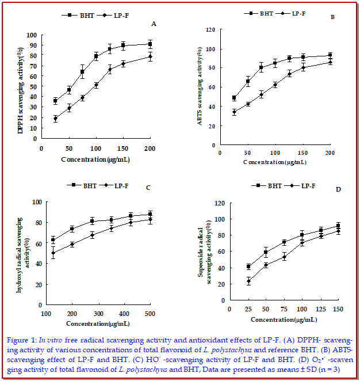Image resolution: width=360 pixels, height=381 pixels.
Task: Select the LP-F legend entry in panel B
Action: pyautogui.click(x=300, y=13)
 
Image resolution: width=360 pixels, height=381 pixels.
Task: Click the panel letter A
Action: pyautogui.click(x=154, y=24)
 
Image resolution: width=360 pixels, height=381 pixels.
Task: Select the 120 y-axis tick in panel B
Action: pyautogui.click(x=210, y=29)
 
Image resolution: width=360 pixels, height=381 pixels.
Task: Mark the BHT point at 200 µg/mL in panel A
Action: pyautogui.click(x=150, y=44)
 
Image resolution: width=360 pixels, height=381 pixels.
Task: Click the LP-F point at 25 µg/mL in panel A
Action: pyautogui.click(x=55, y=119)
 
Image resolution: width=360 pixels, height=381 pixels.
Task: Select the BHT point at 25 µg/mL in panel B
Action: pyautogui.click(x=234, y=98)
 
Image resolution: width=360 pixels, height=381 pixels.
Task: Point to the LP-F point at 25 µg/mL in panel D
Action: pyautogui.click(x=249, y=281)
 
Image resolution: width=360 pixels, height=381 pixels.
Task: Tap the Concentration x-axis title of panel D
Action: pyautogui.click(x=282, y=318)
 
